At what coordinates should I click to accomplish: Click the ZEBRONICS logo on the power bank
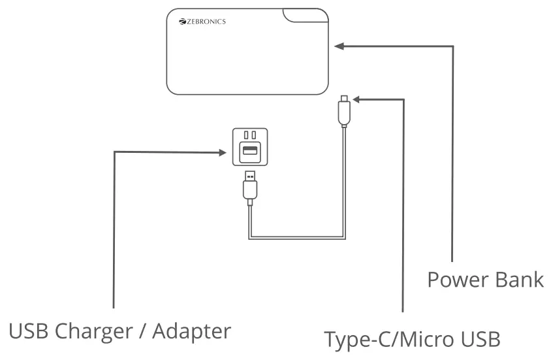(202, 22)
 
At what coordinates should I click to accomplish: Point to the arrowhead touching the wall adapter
(223, 153)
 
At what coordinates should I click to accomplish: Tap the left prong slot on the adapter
(245, 135)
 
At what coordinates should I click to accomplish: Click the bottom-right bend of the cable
(343, 236)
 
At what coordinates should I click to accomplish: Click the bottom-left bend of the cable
(251, 236)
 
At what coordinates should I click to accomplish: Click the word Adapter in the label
(192, 331)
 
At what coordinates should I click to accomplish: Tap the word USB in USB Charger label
(29, 331)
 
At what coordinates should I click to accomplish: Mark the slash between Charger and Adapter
(142, 331)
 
